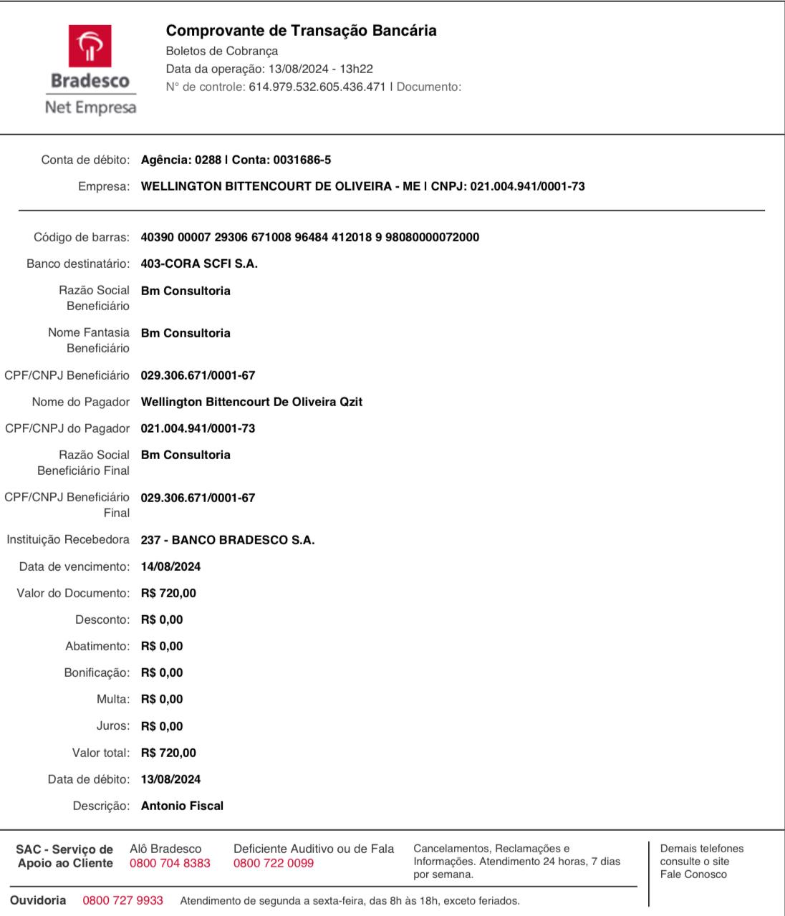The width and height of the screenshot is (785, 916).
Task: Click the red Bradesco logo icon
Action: pyautogui.click(x=90, y=46)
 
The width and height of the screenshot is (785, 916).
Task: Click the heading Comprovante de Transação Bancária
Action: pyautogui.click(x=301, y=31)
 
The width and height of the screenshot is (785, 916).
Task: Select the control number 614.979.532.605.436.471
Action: pyautogui.click(x=317, y=87)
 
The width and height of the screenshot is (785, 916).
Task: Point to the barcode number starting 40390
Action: pyautogui.click(x=310, y=237)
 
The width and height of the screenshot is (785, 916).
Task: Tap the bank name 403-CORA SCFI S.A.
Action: pyautogui.click(x=199, y=264)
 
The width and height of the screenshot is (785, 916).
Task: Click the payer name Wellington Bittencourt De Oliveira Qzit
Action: pyautogui.click(x=251, y=402)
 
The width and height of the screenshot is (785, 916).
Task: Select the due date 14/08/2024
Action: pyautogui.click(x=170, y=567)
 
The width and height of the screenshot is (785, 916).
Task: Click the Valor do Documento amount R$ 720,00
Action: pyautogui.click(x=168, y=593)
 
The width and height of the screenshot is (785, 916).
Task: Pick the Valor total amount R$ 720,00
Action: pyautogui.click(x=168, y=753)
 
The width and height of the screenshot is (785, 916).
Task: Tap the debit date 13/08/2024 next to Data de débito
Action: pyautogui.click(x=170, y=779)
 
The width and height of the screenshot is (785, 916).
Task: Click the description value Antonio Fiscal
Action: pyautogui.click(x=182, y=806)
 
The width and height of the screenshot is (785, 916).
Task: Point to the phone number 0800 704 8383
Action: pyautogui.click(x=170, y=863)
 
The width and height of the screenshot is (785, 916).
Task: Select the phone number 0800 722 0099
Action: pyautogui.click(x=274, y=863)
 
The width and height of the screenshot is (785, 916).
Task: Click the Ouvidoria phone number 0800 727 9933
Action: pyautogui.click(x=122, y=900)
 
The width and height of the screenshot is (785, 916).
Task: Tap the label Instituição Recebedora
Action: pyautogui.click(x=68, y=539)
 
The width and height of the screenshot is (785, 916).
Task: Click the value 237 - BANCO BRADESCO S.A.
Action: pyautogui.click(x=228, y=540)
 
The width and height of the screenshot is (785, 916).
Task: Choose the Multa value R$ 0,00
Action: pyautogui.click(x=162, y=699)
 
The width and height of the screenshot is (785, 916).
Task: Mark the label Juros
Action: pyautogui.click(x=113, y=725)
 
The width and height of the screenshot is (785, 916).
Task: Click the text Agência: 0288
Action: pyautogui.click(x=181, y=160)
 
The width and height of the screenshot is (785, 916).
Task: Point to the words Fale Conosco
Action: pyautogui.click(x=693, y=874)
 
